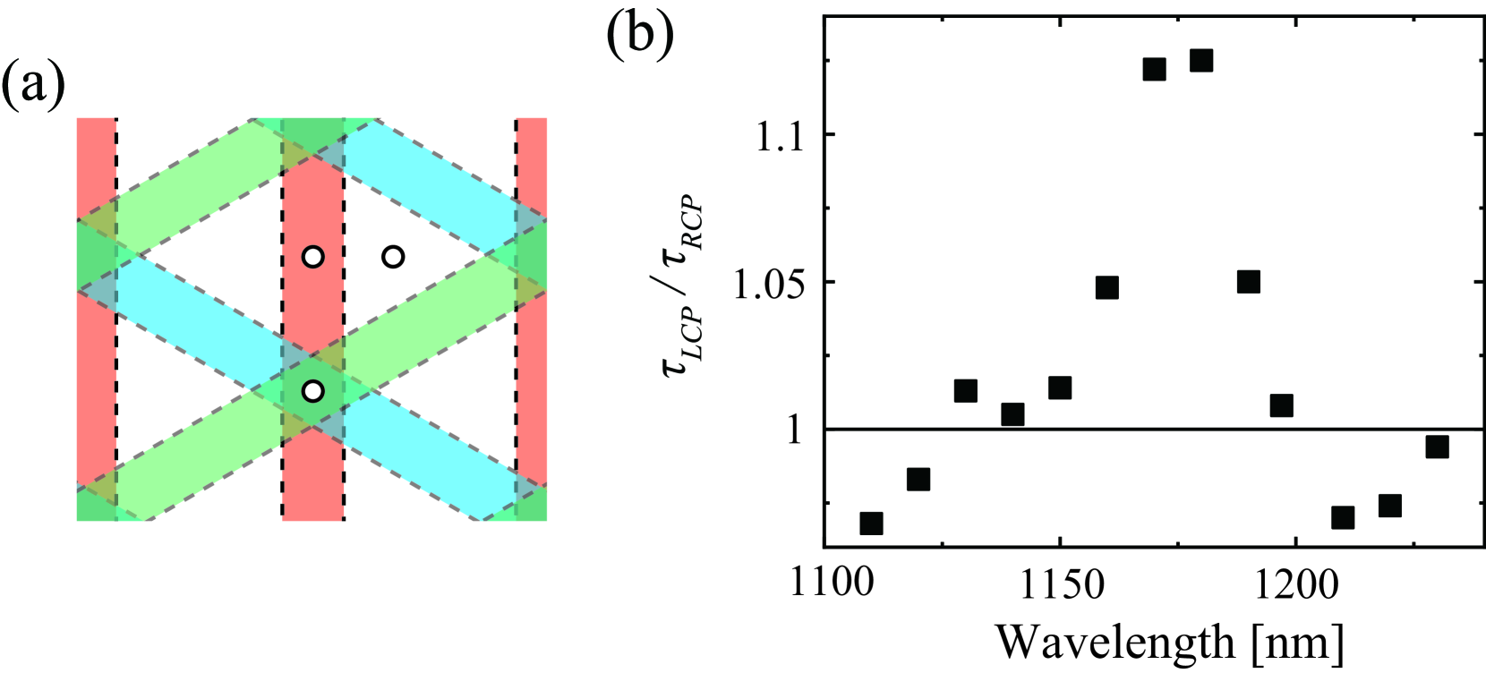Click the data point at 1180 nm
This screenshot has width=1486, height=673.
1201,61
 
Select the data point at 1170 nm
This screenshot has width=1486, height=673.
1155,69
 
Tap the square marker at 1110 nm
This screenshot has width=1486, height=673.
871,524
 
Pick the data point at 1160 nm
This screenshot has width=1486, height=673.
1107,287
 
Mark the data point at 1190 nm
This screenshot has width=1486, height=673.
1249,282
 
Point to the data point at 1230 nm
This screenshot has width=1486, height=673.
1437,447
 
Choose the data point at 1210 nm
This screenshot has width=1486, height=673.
1343,517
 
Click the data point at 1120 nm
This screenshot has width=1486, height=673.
918,480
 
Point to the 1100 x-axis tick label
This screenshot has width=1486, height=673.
832,584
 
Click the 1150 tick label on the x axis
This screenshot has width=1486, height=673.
1060,584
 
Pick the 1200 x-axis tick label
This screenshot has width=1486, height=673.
1295,584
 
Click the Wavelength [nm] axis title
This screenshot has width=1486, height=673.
1170,642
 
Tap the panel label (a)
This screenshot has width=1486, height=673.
32,85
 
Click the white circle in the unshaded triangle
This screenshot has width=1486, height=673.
393,258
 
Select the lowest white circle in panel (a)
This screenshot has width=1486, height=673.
312,391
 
